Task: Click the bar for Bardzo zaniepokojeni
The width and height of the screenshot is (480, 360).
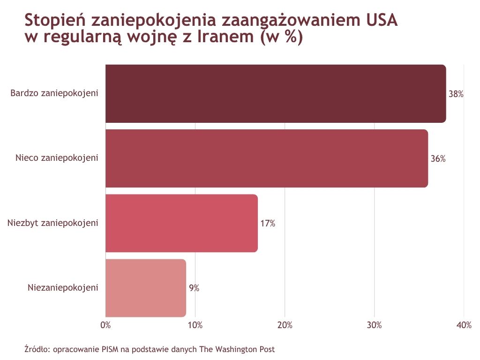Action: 276,94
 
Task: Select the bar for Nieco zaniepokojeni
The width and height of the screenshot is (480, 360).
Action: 267,158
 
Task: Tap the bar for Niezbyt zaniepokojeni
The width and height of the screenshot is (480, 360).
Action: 181,223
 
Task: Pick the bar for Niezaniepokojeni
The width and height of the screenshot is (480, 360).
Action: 146,288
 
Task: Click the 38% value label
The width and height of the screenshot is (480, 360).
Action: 456,94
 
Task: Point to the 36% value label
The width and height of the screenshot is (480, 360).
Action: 438,159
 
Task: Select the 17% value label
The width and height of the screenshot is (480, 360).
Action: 268,224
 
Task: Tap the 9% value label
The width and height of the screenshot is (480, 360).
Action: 194,288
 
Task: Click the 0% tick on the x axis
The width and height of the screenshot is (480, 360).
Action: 105,325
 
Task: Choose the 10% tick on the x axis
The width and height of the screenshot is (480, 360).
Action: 195,325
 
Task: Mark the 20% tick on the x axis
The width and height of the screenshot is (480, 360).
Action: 285,325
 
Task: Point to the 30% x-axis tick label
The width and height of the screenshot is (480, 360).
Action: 375,325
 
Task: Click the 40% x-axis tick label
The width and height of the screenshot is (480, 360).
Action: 464,325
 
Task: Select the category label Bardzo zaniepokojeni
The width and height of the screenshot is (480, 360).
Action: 54,93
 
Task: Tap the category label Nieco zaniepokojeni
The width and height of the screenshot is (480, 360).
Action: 57,158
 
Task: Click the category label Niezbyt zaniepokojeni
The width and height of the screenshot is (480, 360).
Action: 53,223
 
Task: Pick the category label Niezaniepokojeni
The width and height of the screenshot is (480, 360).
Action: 63,287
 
